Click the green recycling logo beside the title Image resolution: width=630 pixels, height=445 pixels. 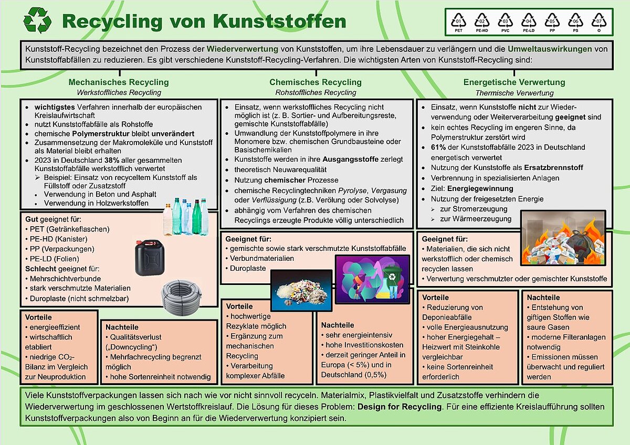tap(37, 21)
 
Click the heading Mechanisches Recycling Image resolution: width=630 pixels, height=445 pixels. tap(119, 82)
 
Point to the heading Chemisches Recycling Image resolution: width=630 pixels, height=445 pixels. tap(316, 82)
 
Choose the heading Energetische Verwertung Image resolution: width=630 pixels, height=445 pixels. tap(514, 82)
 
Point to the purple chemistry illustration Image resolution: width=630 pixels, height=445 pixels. tap(372, 281)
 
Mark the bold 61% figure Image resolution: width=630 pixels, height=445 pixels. tap(438, 147)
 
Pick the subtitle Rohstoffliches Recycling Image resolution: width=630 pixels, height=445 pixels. tap(316, 93)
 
